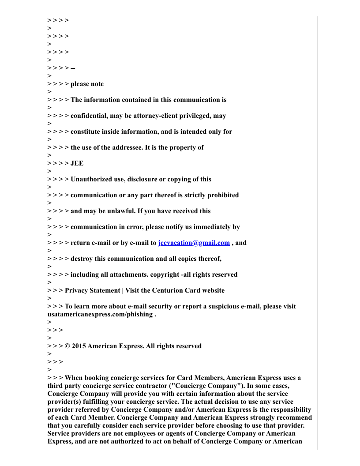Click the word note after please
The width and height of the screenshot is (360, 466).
pyautogui.click(x=97, y=84)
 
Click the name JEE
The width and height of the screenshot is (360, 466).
pyautogui.click(x=77, y=163)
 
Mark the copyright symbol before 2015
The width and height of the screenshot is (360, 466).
pyautogui.click(x=67, y=346)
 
